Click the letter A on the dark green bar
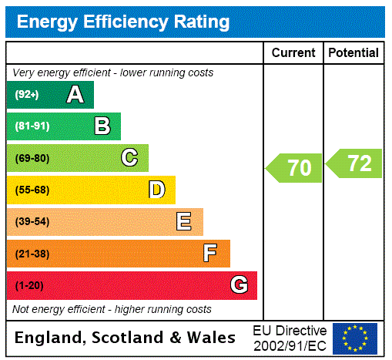75,95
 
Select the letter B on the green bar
102,126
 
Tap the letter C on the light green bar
129,158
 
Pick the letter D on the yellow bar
156,190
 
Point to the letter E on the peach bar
184,222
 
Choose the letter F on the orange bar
210,254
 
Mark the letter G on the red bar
239,285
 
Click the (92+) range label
27,95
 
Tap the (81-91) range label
32,126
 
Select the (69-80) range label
32,158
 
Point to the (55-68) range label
32,190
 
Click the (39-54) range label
32,222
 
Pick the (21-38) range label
32,254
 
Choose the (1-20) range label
29,285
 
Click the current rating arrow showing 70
294,168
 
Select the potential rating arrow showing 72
354,163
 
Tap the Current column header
293,53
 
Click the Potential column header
353,53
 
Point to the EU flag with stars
355,338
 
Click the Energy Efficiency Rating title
123,22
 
